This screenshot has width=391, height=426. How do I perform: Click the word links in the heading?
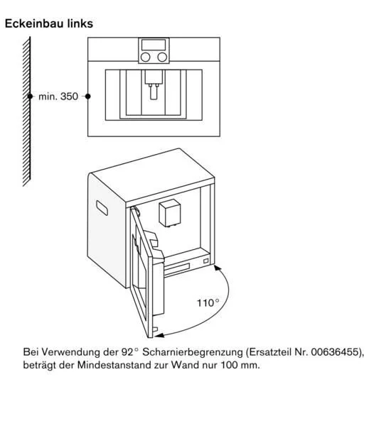[x=80, y=23]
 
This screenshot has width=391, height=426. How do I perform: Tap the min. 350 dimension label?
[x=58, y=97]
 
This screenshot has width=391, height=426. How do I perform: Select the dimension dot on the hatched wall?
[x=30, y=96]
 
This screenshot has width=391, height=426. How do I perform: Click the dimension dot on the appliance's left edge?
[x=87, y=96]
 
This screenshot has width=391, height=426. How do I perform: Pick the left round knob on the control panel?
[x=145, y=57]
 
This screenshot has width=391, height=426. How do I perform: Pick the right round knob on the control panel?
[x=162, y=57]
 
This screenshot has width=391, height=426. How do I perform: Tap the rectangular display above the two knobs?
[x=154, y=45]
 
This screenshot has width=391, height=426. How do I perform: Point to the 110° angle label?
[x=208, y=302]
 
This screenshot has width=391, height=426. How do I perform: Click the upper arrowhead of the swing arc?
[x=217, y=268]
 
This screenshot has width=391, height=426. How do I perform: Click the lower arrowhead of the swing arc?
[x=160, y=335]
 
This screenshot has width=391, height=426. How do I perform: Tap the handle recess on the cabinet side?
[x=102, y=208]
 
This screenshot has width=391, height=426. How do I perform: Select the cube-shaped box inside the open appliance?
[x=170, y=213]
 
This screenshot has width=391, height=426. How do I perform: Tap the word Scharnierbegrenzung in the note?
[x=193, y=352]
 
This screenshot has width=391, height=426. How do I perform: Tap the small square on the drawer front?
[x=205, y=261]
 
